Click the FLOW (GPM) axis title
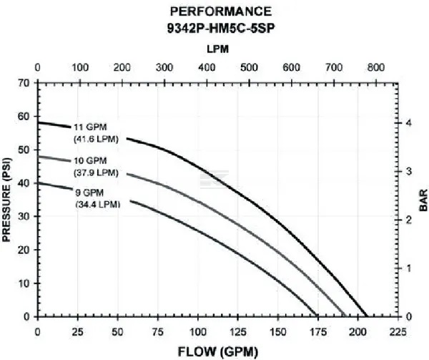[x=220, y=351]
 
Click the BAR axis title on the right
[x=422, y=199]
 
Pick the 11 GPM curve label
[x=89, y=127]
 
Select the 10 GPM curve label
[x=89, y=160]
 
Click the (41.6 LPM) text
[x=97, y=138]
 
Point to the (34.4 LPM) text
[x=97, y=203]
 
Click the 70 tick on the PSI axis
[x=25, y=82]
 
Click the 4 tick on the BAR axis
[x=409, y=123]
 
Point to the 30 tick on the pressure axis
[x=25, y=216]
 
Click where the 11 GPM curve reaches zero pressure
[x=366, y=316]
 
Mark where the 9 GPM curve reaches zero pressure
[x=317, y=316]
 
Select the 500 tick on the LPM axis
[x=249, y=68]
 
